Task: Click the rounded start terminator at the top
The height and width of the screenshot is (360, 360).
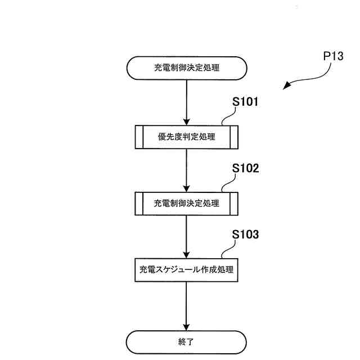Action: pos(186,69)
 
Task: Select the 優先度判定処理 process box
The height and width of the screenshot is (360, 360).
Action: pos(186,136)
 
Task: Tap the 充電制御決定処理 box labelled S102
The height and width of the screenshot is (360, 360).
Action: pos(186,203)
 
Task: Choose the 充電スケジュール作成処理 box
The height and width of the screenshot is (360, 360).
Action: pos(186,270)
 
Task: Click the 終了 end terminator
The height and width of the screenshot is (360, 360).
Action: pos(186,341)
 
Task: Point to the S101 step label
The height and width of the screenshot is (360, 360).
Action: pos(245,102)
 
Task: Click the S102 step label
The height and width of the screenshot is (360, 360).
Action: pos(245,169)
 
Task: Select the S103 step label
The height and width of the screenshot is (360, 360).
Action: pos(245,235)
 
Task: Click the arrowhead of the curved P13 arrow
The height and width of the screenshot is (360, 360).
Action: pos(287,87)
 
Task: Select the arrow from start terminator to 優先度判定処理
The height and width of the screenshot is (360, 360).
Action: pos(186,102)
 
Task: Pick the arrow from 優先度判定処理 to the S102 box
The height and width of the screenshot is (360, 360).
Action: pos(186,170)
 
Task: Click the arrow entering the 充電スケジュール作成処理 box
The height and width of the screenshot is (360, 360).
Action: pos(186,236)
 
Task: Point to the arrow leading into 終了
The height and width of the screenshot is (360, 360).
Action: pos(186,306)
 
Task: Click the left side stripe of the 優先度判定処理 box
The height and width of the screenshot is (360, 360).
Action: pos(139,136)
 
